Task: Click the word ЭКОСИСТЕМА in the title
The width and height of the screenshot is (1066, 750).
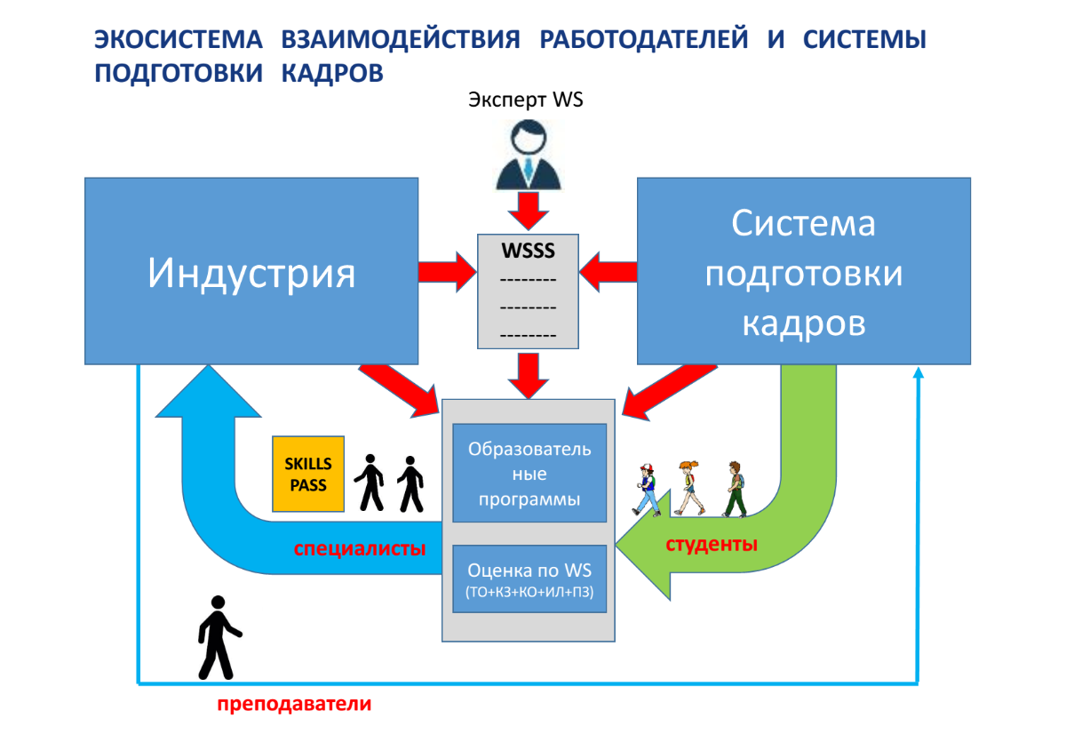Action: point(179,39)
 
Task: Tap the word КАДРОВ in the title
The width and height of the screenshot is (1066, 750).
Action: point(332,74)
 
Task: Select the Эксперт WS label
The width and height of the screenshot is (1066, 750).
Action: point(525,100)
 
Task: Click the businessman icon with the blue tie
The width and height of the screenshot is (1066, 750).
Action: point(529,155)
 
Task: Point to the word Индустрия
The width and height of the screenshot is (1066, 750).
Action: point(251,273)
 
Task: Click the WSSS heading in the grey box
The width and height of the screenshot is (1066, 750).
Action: point(529,251)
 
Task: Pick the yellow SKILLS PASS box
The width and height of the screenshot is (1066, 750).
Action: point(308,474)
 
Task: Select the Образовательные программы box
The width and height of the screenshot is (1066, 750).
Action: point(529,473)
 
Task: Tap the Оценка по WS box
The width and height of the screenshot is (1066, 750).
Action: point(529,578)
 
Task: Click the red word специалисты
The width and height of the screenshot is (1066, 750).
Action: point(360,548)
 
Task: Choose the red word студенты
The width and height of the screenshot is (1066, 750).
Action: point(712,544)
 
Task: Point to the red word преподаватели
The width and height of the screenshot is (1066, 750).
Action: point(294,703)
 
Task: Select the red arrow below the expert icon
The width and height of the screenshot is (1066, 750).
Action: point(529,211)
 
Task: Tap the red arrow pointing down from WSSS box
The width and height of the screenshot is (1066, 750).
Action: point(529,376)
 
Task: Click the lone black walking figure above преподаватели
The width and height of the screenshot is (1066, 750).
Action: point(219,637)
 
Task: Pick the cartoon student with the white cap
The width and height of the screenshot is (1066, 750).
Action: point(648,490)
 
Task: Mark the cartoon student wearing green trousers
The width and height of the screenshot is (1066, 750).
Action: point(735,489)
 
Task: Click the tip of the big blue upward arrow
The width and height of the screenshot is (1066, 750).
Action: point(209,365)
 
